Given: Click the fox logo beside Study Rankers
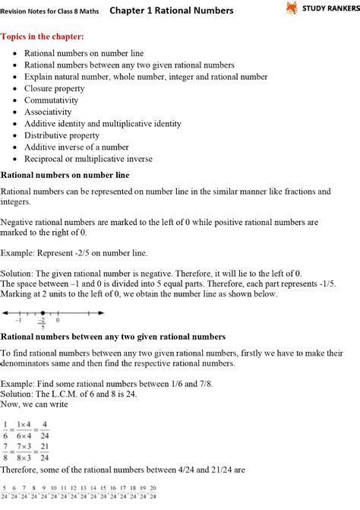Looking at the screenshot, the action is click(292, 9).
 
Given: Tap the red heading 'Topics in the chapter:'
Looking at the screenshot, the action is click(43, 36).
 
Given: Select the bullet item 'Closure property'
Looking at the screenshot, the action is click(55, 88).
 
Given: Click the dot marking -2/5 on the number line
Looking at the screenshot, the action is click(43, 312).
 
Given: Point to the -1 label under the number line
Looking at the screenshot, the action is click(17, 321).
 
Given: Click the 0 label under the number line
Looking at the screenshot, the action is click(58, 321).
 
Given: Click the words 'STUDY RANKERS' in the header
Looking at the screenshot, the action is click(328, 10).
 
